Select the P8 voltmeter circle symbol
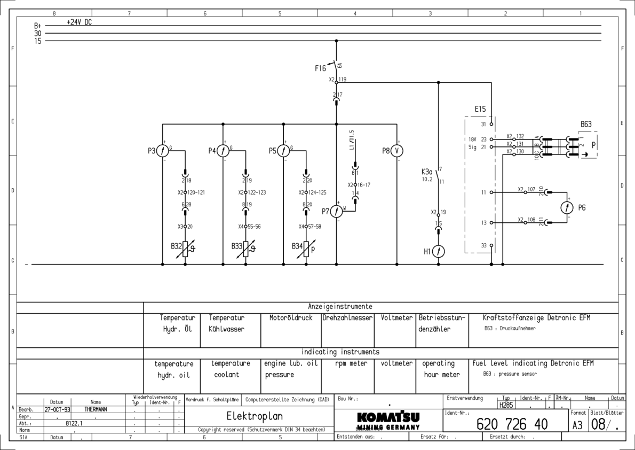tap(397, 151)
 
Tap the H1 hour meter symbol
tap(438, 251)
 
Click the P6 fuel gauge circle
tap(570, 208)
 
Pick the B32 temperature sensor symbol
tap(185, 249)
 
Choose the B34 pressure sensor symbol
tap(306, 249)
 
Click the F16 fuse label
tap(320, 68)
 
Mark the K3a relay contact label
tap(427, 172)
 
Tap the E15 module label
tap(480, 110)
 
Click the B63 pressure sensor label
tap(586, 124)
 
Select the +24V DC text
tap(80, 22)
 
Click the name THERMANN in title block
tap(96, 409)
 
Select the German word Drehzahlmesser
tap(347, 317)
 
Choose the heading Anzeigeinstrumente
tap(340, 306)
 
